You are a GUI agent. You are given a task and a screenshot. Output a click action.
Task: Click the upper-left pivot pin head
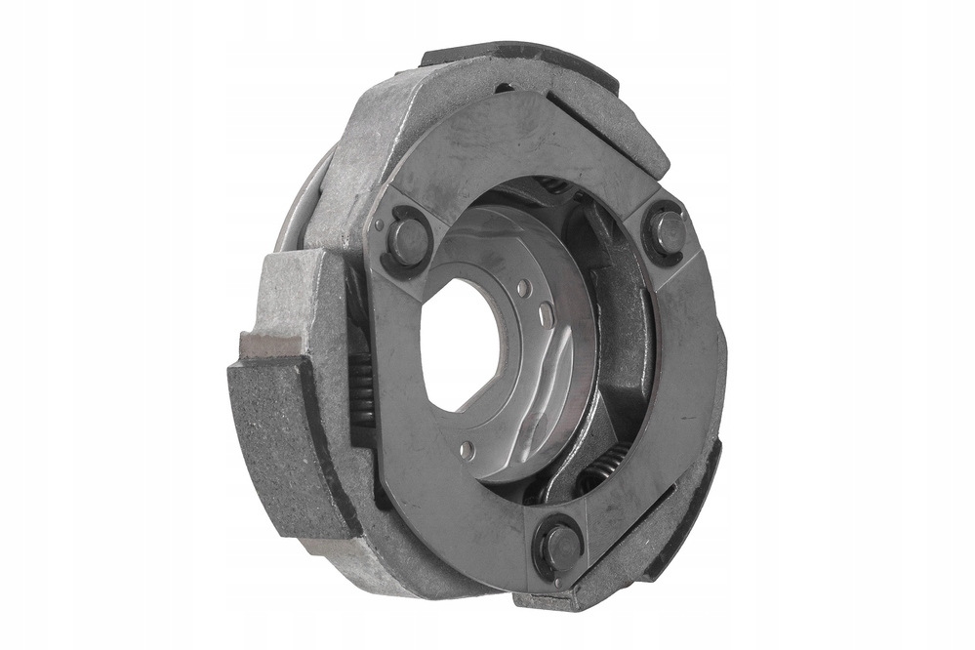[x=407, y=240]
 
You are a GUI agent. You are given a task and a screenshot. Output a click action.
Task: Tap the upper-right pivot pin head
[x=668, y=231]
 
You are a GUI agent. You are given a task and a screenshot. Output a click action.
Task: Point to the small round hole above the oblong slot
[x=525, y=289]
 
